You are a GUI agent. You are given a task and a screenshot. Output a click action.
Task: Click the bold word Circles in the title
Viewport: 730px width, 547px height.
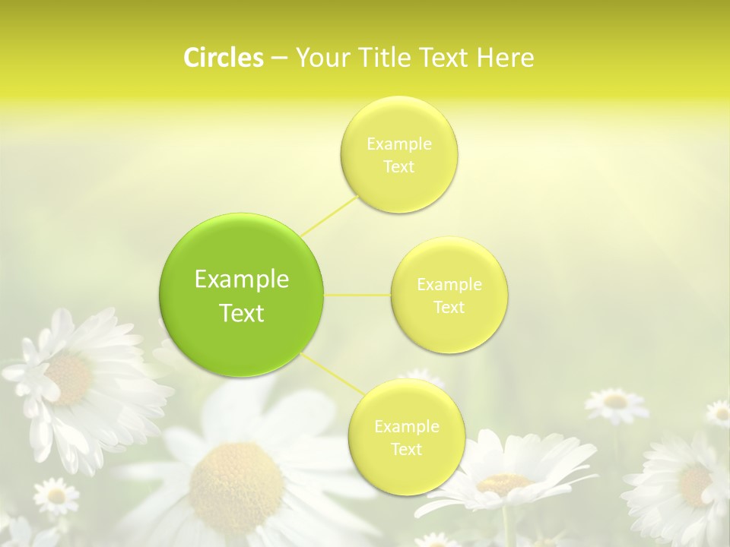pyautogui.click(x=223, y=58)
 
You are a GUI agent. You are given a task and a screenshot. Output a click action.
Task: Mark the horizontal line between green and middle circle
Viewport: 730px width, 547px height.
pyautogui.click(x=357, y=295)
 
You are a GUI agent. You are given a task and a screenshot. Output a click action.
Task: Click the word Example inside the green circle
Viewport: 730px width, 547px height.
pyautogui.click(x=241, y=280)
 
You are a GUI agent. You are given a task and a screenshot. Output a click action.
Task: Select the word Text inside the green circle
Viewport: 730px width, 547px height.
pyautogui.click(x=241, y=313)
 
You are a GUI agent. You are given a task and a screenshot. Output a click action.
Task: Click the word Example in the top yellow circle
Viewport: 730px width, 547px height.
pyautogui.click(x=398, y=144)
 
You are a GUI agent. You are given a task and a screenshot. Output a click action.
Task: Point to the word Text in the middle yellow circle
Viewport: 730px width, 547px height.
pyautogui.click(x=449, y=307)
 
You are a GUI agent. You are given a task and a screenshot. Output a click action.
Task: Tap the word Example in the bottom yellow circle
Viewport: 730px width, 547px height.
pyautogui.click(x=406, y=426)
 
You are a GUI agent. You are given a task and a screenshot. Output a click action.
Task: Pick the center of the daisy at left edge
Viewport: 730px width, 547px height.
pyautogui.click(x=69, y=379)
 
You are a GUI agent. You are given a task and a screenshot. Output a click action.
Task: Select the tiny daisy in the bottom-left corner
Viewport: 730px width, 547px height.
pyautogui.click(x=56, y=496)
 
